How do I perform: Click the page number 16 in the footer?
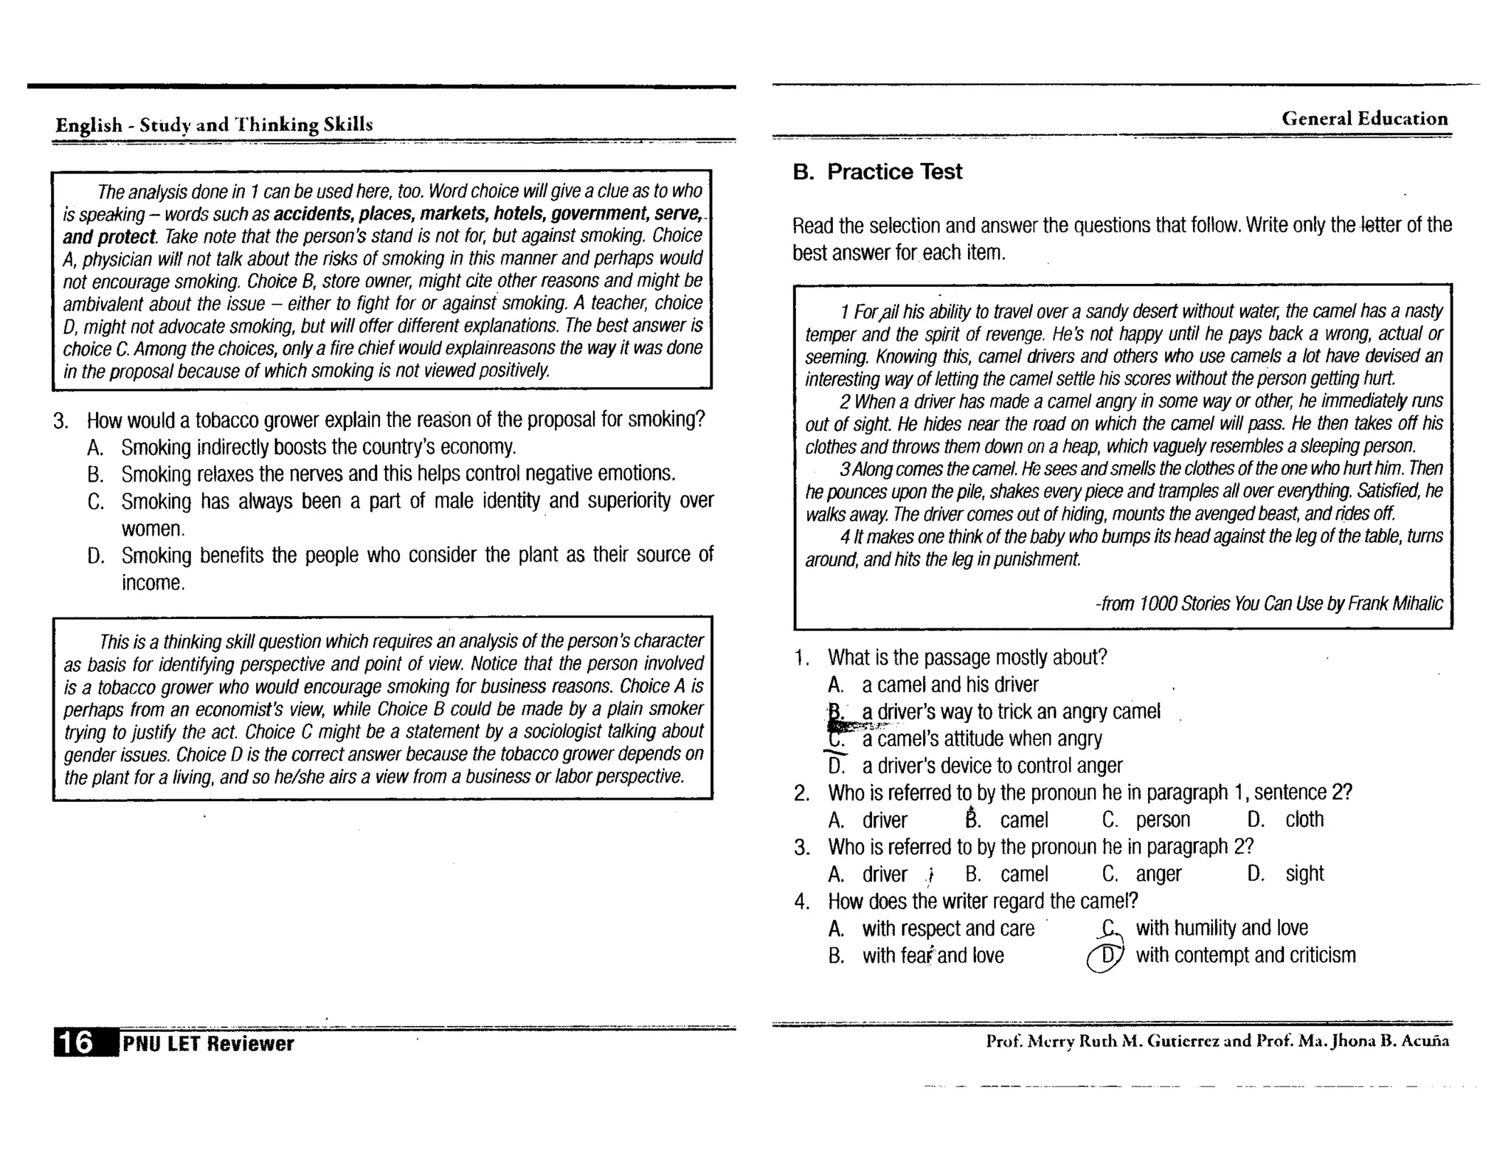(x=76, y=1042)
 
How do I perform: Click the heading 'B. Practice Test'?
(x=877, y=172)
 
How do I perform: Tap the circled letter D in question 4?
(x=1106, y=956)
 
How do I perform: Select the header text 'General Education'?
(x=1364, y=119)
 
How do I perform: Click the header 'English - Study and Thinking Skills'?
(x=214, y=124)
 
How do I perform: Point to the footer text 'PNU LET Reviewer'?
(x=208, y=1043)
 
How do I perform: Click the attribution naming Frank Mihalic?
(x=1268, y=604)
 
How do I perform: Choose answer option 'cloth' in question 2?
(x=1304, y=820)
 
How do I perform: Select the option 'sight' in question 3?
(x=1304, y=874)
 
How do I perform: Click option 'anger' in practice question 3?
(x=1158, y=874)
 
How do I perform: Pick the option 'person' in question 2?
(x=1163, y=820)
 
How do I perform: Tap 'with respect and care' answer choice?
(x=948, y=929)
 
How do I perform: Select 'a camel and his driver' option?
(x=950, y=685)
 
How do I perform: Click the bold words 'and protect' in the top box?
(x=109, y=237)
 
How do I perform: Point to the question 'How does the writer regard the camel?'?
(x=983, y=901)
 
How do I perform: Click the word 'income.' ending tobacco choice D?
(x=153, y=583)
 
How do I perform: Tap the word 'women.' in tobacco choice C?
(x=153, y=529)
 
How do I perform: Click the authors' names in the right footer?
(x=1217, y=1041)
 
